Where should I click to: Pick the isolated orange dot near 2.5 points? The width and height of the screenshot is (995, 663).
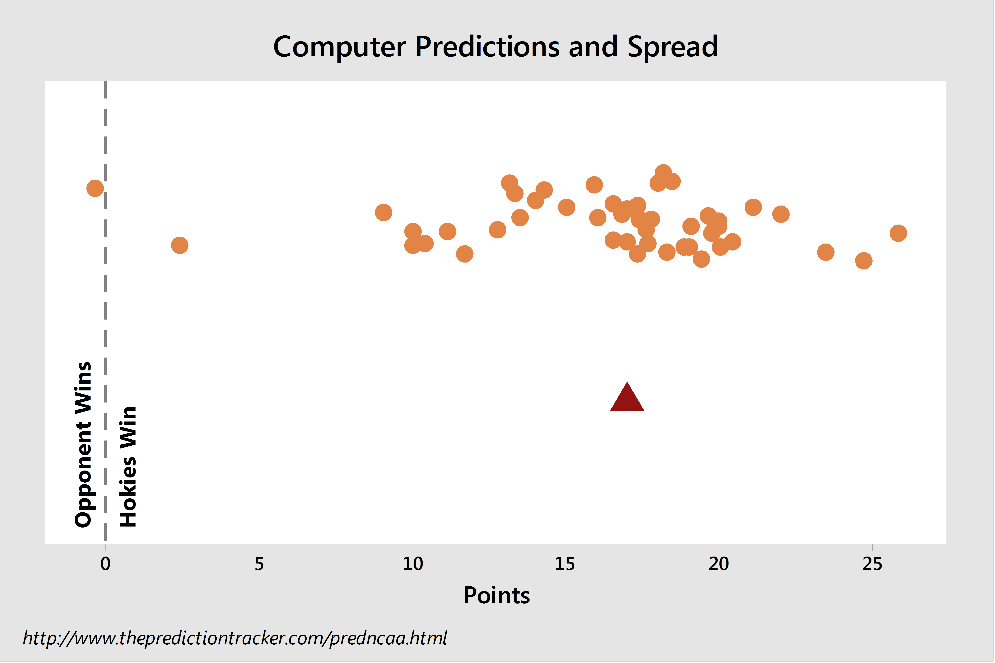(180, 245)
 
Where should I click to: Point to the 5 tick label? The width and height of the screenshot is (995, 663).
(259, 564)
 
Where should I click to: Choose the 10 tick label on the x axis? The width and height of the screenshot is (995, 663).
(413, 564)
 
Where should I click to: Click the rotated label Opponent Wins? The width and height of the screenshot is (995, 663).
(83, 445)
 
